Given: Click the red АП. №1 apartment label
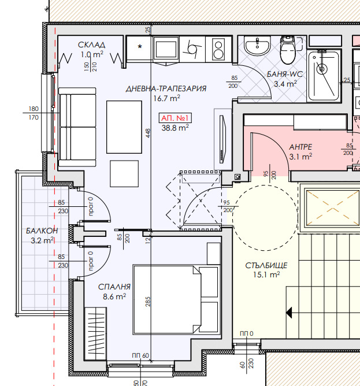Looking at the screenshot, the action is tap(175, 118).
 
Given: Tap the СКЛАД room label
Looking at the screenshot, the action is tap(92, 45).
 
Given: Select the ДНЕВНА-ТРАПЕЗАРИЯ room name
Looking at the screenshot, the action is tap(166, 88).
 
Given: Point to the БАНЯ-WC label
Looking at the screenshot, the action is tap(285, 74).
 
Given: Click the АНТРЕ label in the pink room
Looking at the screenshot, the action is tap(300, 147).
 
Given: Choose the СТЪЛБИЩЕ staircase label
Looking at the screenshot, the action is tap(266, 265).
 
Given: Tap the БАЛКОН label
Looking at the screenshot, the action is tap(42, 231).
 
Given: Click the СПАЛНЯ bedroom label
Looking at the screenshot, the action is tap(114, 287).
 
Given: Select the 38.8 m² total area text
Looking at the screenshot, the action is tap(175, 128).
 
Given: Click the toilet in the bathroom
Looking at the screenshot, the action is tap(288, 50).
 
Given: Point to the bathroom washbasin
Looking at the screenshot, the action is tap(257, 45).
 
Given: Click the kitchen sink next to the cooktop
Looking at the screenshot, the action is tap(192, 50).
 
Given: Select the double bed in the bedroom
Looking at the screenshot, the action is tap(176, 299).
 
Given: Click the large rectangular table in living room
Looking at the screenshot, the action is tap(124, 127).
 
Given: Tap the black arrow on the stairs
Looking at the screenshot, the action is tap(289, 313).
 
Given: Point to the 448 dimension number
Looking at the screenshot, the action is tap(148, 133).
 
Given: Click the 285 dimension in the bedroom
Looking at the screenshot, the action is tap(148, 302).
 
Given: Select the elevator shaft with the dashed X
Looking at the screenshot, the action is tap(332, 209).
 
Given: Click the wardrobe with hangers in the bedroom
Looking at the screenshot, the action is tap(95, 334).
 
